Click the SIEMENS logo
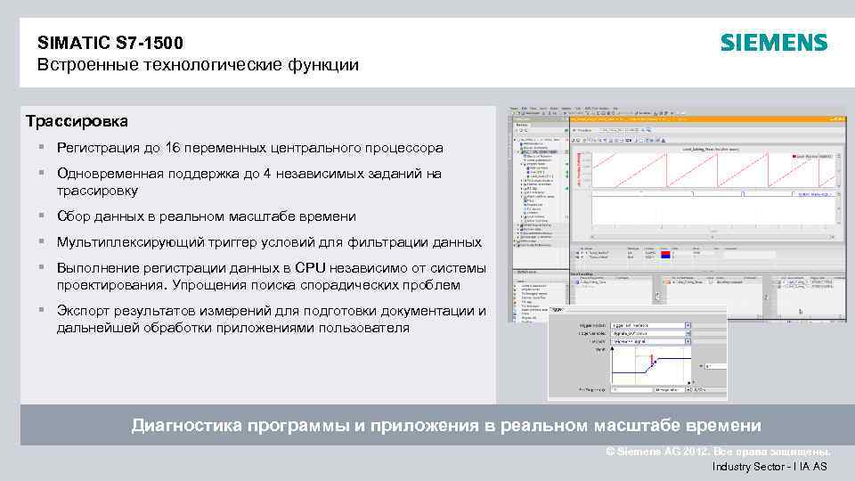pos(773,43)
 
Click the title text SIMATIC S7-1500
pos(110,42)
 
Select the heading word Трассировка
pos(77,120)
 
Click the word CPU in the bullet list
pos(311,268)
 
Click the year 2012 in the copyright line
pos(697,452)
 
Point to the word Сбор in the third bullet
pos(74,216)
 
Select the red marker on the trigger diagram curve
pos(652,360)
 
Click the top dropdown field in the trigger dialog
pos(649,326)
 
